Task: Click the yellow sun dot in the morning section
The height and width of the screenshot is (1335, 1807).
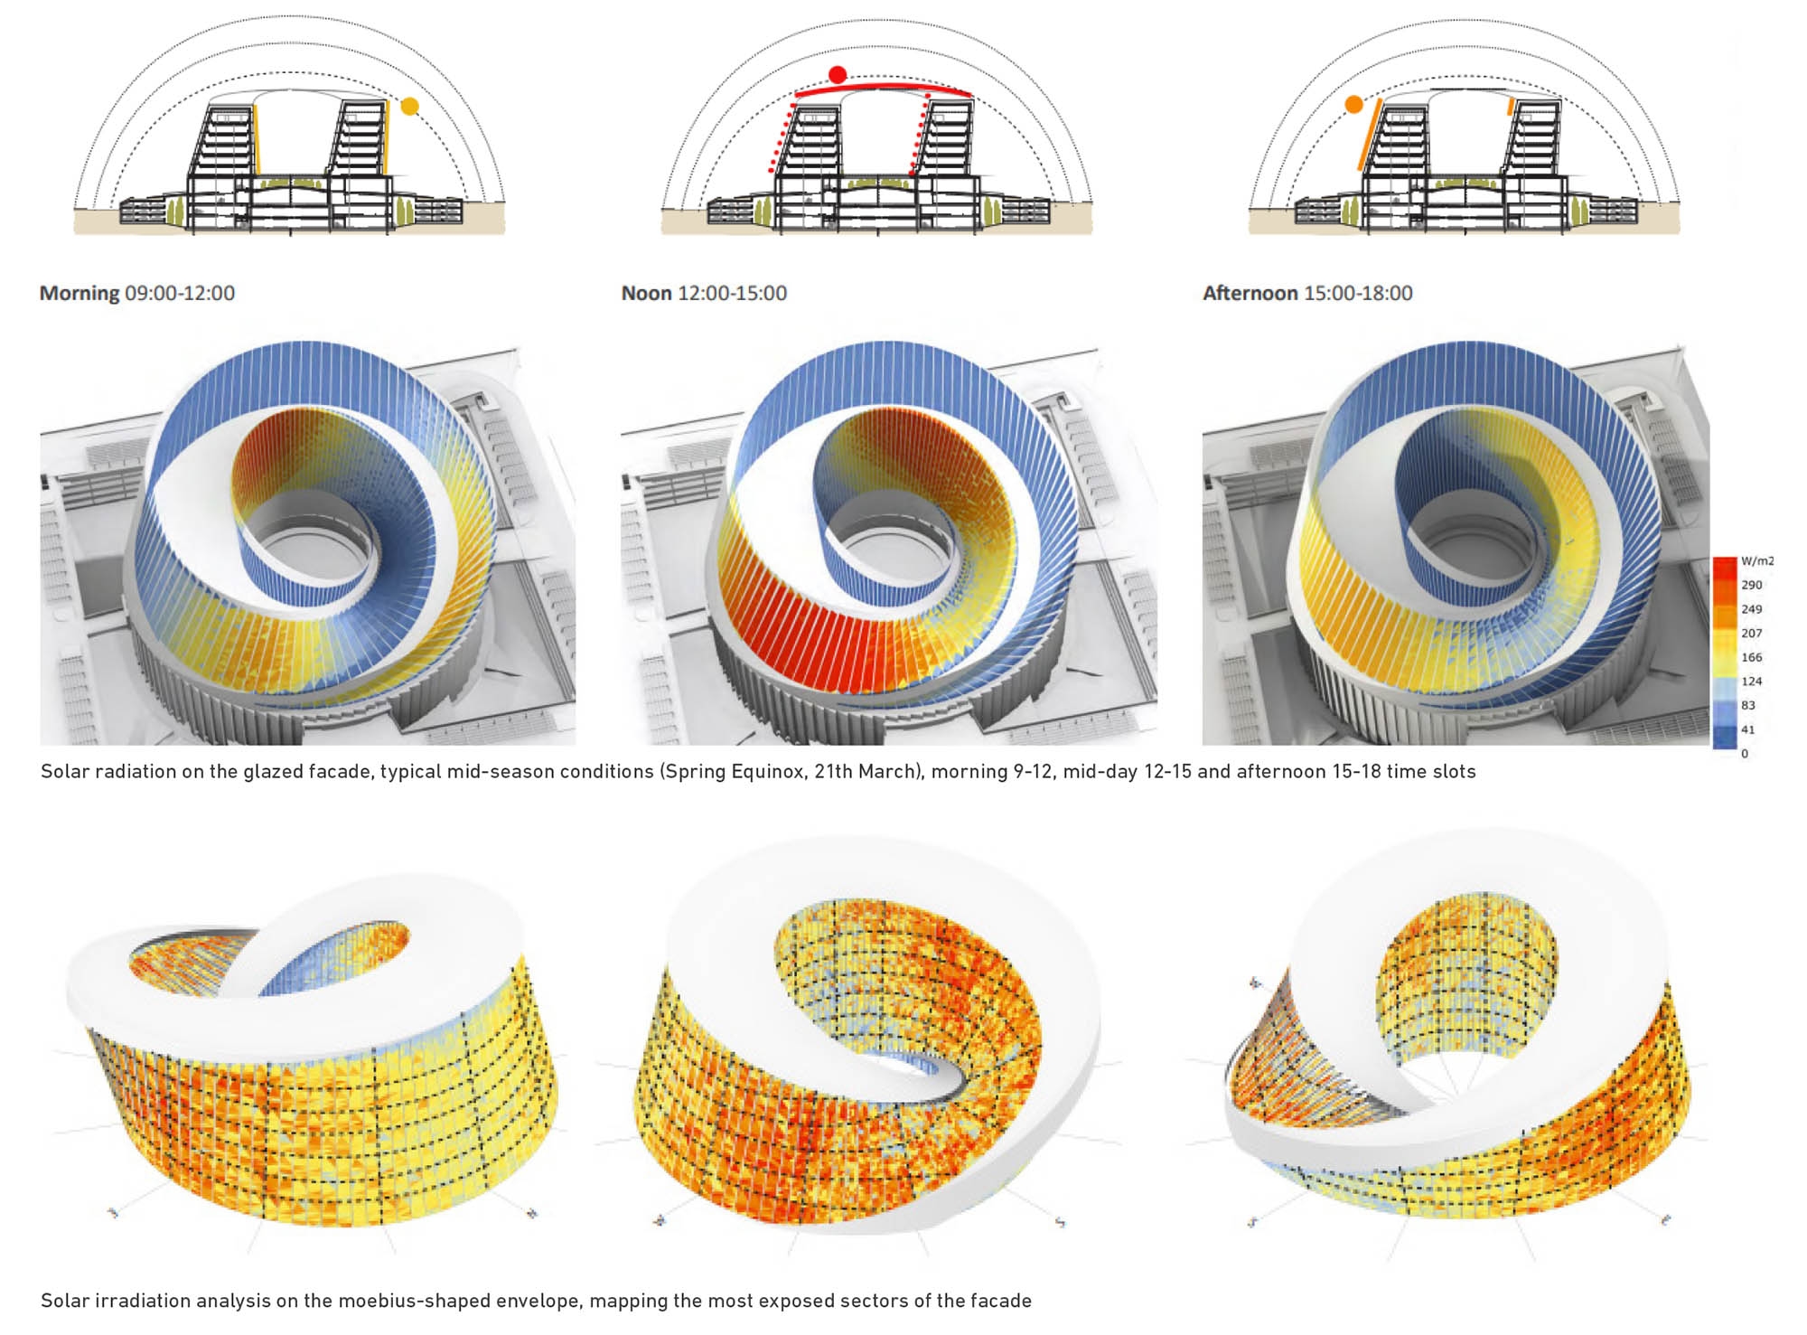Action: coord(409,106)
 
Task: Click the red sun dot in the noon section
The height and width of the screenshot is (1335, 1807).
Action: coord(838,75)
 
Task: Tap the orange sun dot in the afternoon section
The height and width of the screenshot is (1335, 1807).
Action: coord(1353,105)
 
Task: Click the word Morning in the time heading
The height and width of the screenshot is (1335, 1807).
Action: coord(80,293)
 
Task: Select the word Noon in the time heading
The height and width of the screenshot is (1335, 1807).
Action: coord(646,293)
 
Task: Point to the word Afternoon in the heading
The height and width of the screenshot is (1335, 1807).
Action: coord(1250,293)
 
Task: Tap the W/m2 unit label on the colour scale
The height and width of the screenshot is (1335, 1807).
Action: coord(1757,560)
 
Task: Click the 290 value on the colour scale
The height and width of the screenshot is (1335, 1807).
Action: coord(1751,585)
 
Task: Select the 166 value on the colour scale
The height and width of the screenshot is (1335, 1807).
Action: coord(1751,657)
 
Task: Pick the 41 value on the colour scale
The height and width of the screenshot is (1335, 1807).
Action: coord(1748,729)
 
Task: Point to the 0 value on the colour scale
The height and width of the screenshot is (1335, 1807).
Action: coord(1745,753)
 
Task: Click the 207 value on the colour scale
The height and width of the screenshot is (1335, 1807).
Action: coord(1751,633)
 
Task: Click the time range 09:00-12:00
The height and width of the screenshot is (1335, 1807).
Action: coord(180,293)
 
